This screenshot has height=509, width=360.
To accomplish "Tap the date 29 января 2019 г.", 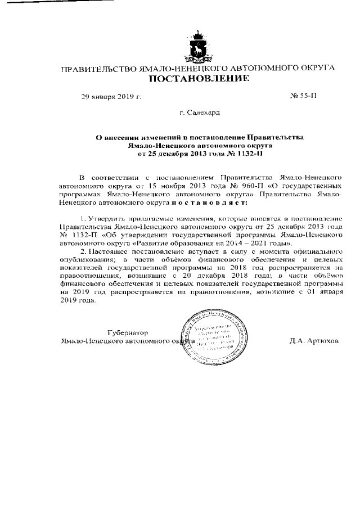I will pyautogui.click(x=111, y=97).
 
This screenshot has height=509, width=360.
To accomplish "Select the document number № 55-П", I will pyautogui.click(x=303, y=96).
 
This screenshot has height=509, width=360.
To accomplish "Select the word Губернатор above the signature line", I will pyautogui.click(x=127, y=332).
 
